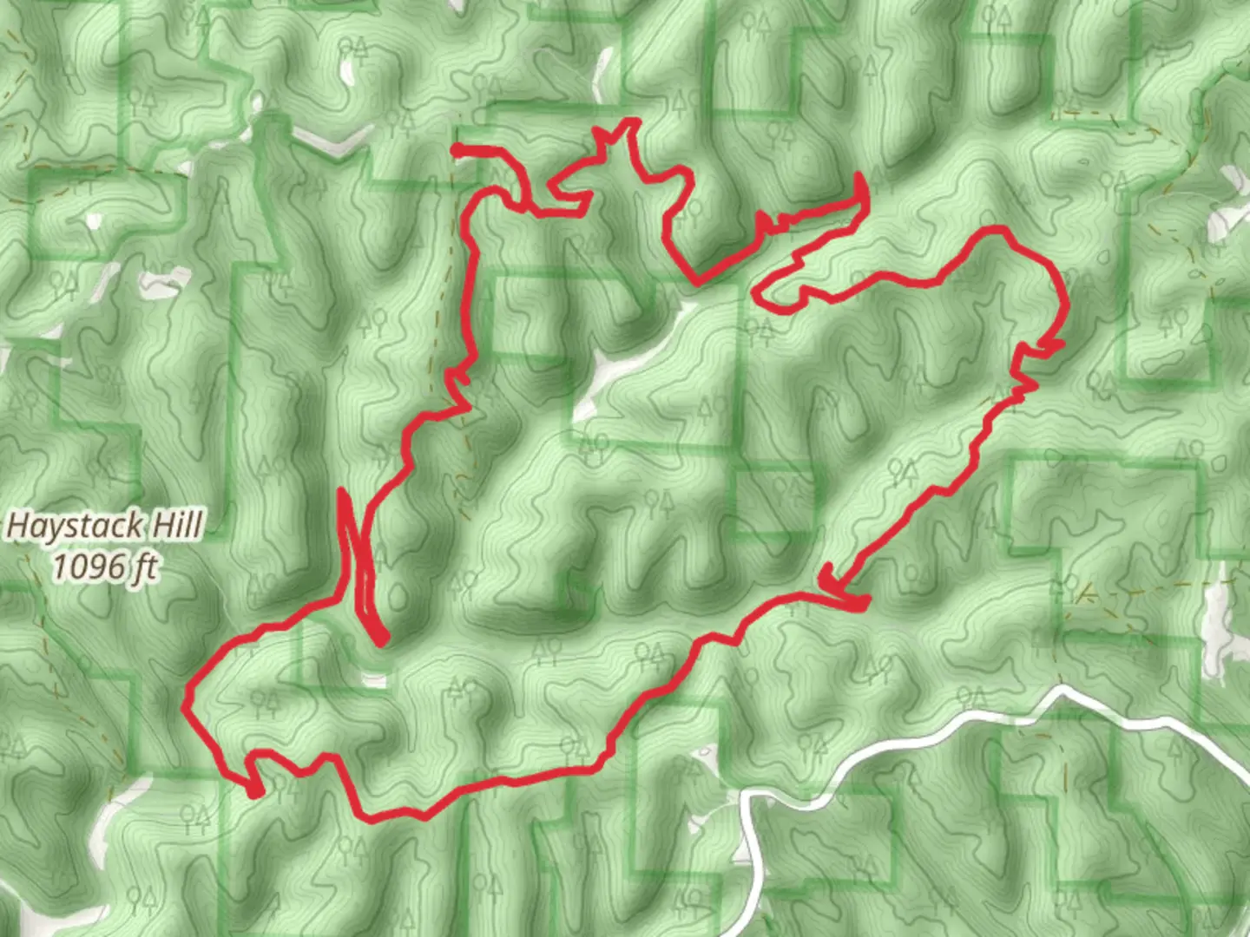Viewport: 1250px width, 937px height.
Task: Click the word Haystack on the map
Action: [76, 526]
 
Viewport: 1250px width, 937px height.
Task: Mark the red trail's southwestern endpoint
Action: [256, 792]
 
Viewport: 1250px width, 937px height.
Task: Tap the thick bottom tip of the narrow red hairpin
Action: [380, 640]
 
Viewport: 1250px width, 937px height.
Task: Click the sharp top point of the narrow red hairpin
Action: [341, 493]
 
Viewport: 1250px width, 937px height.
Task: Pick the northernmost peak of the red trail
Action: [632, 122]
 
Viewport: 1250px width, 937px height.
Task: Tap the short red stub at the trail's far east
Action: [1057, 345]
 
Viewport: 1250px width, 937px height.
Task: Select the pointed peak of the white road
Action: [1061, 691]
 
